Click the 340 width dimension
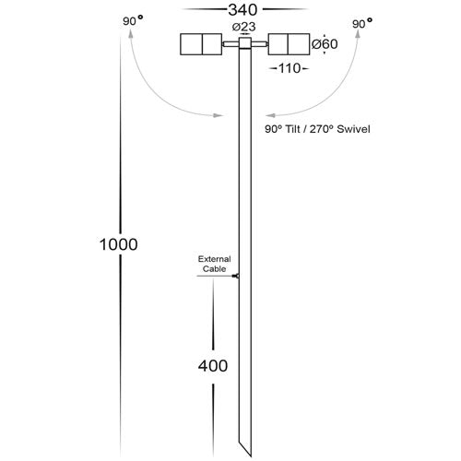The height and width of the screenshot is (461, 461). point(242,10)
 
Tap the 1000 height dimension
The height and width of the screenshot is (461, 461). point(119,244)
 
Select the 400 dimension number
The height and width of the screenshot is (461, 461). point(213,366)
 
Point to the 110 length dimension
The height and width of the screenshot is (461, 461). point(290,68)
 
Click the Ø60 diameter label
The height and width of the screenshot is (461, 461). point(325,44)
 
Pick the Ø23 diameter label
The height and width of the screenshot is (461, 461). point(244,27)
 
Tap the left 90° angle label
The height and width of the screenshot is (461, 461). point(133,20)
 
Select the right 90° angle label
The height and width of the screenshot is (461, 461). point(362,23)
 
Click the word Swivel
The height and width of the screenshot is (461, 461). point(353,129)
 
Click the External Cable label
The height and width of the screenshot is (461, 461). point(214,264)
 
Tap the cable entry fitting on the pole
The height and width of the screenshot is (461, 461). point(236,276)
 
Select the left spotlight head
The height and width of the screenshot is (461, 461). point(201,44)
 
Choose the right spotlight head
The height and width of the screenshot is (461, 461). point(289,44)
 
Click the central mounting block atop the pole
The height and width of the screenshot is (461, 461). point(245,43)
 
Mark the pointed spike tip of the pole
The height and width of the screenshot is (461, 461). point(251,456)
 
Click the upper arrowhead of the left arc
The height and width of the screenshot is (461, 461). point(131,34)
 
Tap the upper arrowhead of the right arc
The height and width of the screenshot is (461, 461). point(358,34)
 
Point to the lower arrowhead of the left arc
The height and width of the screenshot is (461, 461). point(218,115)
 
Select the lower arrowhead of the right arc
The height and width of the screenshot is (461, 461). point(270,115)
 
